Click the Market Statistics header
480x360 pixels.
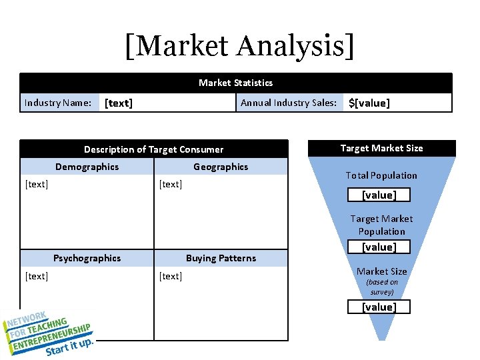[235, 83]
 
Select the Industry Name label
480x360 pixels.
[57, 103]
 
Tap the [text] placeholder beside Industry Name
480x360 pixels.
[119, 103]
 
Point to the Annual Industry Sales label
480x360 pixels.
[288, 103]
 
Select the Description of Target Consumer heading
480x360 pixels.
[153, 149]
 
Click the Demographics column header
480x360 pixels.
[87, 167]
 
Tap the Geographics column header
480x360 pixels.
[221, 167]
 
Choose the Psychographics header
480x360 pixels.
[87, 258]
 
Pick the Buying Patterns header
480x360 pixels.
[221, 258]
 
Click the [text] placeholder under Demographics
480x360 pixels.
[37, 184]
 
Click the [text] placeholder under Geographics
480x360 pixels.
[171, 184]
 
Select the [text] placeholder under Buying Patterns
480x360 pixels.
[171, 276]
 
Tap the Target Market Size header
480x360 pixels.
[381, 148]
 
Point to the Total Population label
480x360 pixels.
[381, 175]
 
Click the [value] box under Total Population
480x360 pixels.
[379, 195]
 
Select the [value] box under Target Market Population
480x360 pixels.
[379, 247]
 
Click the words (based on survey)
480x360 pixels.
[382, 287]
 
